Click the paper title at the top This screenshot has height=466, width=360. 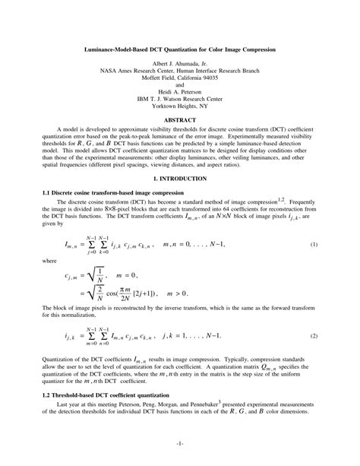[179, 49]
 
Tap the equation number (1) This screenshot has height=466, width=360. [314, 245]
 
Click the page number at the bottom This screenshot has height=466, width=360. [179, 442]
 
